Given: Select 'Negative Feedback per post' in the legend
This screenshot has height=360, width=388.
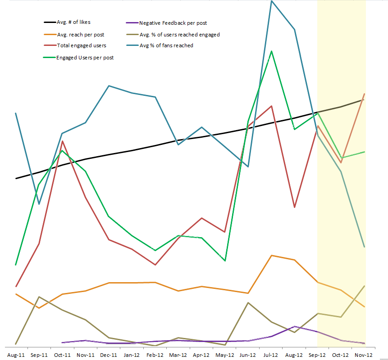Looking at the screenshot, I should (x=173, y=23).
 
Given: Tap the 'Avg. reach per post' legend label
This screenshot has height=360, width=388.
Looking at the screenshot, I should (x=81, y=34).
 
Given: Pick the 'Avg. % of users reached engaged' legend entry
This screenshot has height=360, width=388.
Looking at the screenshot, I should (x=179, y=34).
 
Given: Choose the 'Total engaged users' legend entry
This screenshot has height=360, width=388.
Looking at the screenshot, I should (x=82, y=45).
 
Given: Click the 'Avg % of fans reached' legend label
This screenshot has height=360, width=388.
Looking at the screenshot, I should (x=166, y=45).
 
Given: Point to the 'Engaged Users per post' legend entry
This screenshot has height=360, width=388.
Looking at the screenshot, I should (x=85, y=58).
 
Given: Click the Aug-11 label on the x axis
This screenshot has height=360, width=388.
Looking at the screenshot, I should (x=16, y=355).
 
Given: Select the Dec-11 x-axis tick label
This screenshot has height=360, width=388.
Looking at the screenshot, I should (x=109, y=355).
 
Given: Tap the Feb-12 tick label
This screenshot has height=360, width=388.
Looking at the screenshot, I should (x=155, y=355).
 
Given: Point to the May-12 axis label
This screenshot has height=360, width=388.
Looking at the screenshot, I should (x=224, y=355).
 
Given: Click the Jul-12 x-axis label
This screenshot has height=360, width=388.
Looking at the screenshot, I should (x=271, y=355).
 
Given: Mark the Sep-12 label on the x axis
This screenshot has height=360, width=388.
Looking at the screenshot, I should (x=317, y=355).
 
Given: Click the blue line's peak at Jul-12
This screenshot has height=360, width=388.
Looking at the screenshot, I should (x=271, y=1).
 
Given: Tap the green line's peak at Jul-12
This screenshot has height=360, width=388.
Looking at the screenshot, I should (x=271, y=51).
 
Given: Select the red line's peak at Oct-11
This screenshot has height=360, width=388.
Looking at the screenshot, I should (x=62, y=141).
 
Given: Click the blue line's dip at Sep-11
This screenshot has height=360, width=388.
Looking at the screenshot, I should (x=39, y=204).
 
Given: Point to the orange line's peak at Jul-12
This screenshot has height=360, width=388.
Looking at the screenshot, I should (x=271, y=255).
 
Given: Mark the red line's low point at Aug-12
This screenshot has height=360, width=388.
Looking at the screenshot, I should (x=294, y=207).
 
